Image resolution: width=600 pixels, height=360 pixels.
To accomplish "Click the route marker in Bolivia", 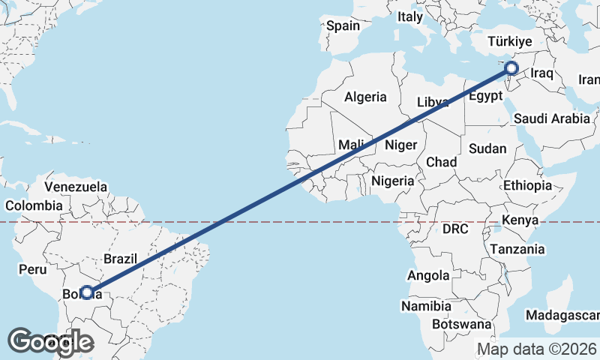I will pyautogui.click(x=87, y=292).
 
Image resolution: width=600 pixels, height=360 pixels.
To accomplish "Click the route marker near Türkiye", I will pyautogui.click(x=512, y=70).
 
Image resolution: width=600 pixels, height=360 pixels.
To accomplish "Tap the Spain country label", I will pyautogui.click(x=343, y=25).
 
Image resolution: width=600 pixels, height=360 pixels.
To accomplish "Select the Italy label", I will pyautogui.click(x=410, y=16).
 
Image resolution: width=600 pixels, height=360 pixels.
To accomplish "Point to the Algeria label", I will pyautogui.click(x=365, y=97).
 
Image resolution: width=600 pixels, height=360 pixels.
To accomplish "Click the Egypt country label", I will pyautogui.click(x=484, y=96).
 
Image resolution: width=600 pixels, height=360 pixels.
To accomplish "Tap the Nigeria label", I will pyautogui.click(x=392, y=181).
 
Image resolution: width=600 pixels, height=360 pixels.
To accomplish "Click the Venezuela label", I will pyautogui.click(x=76, y=187).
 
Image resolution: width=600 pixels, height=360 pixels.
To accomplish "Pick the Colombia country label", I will pyautogui.click(x=34, y=205).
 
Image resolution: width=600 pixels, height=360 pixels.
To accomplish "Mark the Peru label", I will pyautogui.click(x=33, y=269).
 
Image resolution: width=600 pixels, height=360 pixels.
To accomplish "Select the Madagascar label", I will pyautogui.click(x=562, y=315).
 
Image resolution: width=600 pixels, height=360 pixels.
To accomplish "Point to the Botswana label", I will pyautogui.click(x=461, y=325).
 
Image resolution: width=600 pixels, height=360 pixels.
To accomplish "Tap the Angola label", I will pyautogui.click(x=428, y=276).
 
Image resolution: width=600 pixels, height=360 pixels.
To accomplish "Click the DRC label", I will pyautogui.click(x=455, y=228).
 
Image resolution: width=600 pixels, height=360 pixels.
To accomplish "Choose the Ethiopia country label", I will pyautogui.click(x=527, y=185).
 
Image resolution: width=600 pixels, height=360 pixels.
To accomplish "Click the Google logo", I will pyautogui.click(x=50, y=342).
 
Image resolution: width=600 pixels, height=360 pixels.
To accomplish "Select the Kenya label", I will pyautogui.click(x=520, y=220).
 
